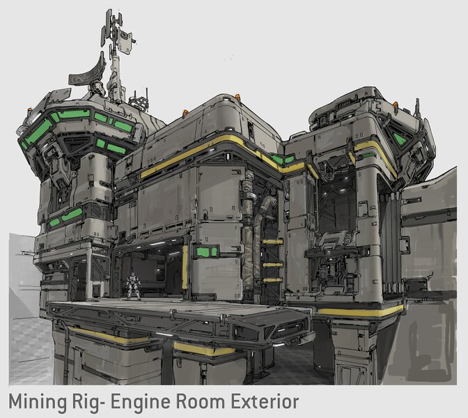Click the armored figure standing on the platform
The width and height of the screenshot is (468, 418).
pos(133,286)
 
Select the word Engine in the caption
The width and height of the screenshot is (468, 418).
pos(141,402)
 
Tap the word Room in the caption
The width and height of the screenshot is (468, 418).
pos(200,401)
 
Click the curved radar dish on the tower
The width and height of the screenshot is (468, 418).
pos(88,73)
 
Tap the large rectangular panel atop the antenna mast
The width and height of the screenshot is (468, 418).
pos(125,41)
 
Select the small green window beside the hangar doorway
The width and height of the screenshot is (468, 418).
pos(207,251)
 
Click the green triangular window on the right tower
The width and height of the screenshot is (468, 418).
pos(399,139)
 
